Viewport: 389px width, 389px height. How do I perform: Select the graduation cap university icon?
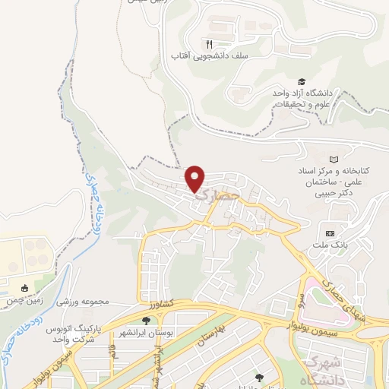[302, 81]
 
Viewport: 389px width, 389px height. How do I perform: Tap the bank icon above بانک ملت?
[329, 233]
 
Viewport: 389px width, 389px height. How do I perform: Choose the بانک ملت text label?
[329, 246]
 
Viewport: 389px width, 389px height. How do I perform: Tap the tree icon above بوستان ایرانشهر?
[145, 321]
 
